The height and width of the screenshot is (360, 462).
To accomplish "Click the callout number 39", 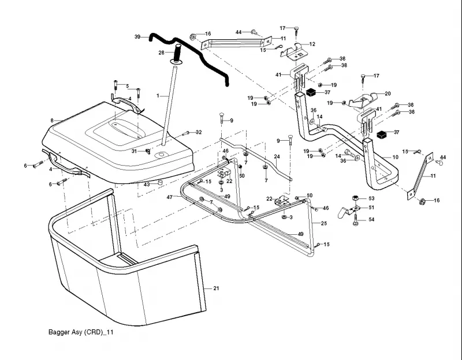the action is [x=137, y=37].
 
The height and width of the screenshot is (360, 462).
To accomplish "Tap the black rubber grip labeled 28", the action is [x=178, y=53].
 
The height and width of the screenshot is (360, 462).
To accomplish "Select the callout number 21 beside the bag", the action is [x=216, y=288].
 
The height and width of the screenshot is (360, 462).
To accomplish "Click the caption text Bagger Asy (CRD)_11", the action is [x=81, y=332].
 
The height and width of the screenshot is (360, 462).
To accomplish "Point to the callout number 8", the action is [x=52, y=121].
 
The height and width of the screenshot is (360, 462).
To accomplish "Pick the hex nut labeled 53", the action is [x=355, y=198].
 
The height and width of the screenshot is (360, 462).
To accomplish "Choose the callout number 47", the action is [x=170, y=197].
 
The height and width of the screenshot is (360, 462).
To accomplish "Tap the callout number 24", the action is [x=277, y=156].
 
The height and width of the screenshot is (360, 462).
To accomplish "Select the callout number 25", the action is [x=324, y=223].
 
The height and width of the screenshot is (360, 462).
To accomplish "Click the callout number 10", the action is [x=396, y=157].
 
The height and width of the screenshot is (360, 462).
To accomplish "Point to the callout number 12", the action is [x=312, y=44].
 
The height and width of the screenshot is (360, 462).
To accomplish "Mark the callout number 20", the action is [x=388, y=93].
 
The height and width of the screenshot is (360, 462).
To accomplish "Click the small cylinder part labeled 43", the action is [x=160, y=183].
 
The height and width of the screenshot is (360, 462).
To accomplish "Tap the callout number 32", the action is [x=199, y=132].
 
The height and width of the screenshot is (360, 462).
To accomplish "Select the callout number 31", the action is [x=134, y=151].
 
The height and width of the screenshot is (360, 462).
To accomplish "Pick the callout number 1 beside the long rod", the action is [x=158, y=96].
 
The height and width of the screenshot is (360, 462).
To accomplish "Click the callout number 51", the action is [x=371, y=208].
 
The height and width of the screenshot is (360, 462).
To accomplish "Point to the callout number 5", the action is [x=127, y=86].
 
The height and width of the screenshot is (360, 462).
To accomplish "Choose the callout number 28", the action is [x=162, y=52].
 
